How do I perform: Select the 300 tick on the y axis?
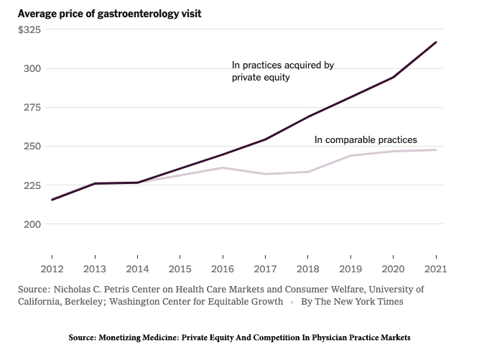(x=32, y=69)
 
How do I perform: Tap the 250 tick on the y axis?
(x=32, y=147)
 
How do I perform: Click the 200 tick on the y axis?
(x=32, y=224)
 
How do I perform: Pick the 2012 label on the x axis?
(x=52, y=269)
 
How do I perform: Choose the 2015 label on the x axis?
(x=180, y=269)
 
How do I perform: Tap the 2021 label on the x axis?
(x=435, y=269)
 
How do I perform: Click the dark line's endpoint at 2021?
(x=436, y=42)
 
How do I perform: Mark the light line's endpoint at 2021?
(x=436, y=150)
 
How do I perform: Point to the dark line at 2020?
(x=393, y=78)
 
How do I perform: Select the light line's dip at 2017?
(x=265, y=174)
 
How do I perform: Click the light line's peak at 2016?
(x=223, y=167)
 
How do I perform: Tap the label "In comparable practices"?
(x=366, y=140)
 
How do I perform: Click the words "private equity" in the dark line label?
(x=261, y=78)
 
